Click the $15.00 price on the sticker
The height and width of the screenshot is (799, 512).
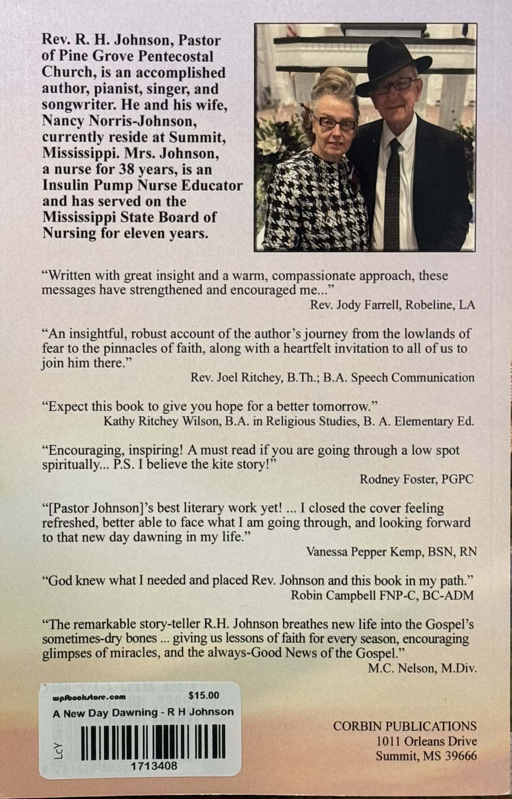(x=204, y=695)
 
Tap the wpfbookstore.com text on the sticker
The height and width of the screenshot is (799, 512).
(x=89, y=697)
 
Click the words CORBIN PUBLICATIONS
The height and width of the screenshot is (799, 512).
(x=404, y=726)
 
